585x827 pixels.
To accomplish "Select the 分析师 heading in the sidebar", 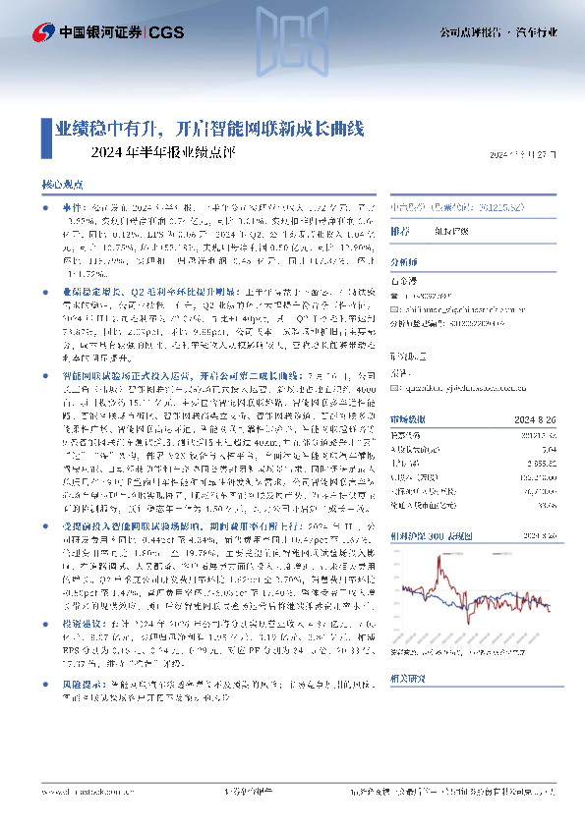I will [404, 263].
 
